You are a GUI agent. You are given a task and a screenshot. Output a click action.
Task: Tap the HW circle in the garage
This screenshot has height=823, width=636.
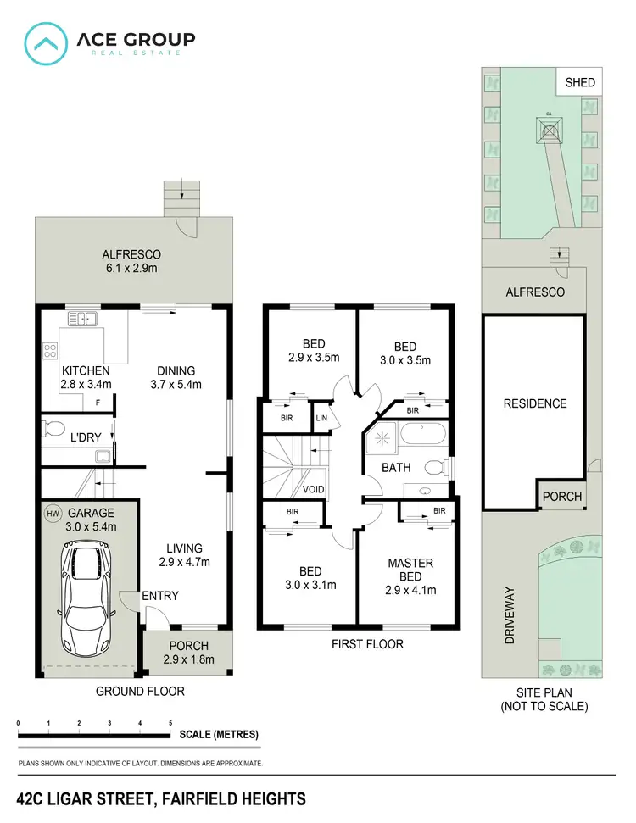tap(53, 514)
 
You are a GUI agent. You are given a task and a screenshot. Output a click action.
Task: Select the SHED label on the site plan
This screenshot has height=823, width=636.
tap(581, 83)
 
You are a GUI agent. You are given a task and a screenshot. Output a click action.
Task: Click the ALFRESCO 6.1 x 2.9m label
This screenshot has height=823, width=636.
tap(131, 261)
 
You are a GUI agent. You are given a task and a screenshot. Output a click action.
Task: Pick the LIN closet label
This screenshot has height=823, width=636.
tap(321, 419)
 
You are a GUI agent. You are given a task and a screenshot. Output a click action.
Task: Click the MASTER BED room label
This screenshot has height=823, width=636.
tap(410, 570)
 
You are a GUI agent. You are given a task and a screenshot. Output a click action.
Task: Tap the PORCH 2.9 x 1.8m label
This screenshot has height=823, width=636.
tap(189, 653)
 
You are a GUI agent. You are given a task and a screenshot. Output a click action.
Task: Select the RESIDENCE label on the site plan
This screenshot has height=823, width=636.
tap(534, 403)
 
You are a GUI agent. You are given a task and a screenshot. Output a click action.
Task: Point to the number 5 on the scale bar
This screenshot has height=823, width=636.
tap(170, 723)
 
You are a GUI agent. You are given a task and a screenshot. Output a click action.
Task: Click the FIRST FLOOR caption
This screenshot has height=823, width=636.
tap(367, 644)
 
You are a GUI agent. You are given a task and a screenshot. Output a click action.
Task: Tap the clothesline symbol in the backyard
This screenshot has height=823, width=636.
tap(550, 129)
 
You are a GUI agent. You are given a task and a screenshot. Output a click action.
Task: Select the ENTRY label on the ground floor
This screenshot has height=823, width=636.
tap(160, 596)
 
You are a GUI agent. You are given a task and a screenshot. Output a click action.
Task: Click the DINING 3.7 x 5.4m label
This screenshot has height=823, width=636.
tap(176, 378)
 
